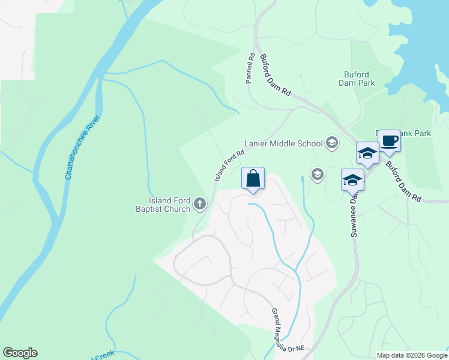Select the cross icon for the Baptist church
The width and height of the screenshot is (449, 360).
(200, 205)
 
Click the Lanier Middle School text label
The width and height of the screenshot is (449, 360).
(283, 143)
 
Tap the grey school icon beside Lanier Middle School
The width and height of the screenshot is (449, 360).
(331, 143)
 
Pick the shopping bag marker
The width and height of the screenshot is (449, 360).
(253, 179)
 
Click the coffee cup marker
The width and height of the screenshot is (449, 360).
(389, 141)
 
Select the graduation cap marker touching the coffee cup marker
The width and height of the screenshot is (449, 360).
(367, 154)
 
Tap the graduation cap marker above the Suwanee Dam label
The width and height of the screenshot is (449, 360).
(352, 179)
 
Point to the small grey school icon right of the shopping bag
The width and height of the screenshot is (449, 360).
(317, 175)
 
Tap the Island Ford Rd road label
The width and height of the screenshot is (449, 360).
(230, 166)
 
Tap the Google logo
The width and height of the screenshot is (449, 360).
(20, 353)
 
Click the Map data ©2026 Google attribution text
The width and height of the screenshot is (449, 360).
(412, 355)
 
